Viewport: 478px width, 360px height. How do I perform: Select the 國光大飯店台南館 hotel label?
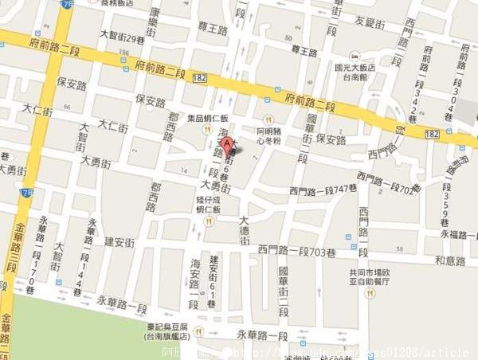point(360,73)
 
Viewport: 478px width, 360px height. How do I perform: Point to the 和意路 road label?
point(450,260)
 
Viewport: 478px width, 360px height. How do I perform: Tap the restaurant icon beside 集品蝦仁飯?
point(207,130)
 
